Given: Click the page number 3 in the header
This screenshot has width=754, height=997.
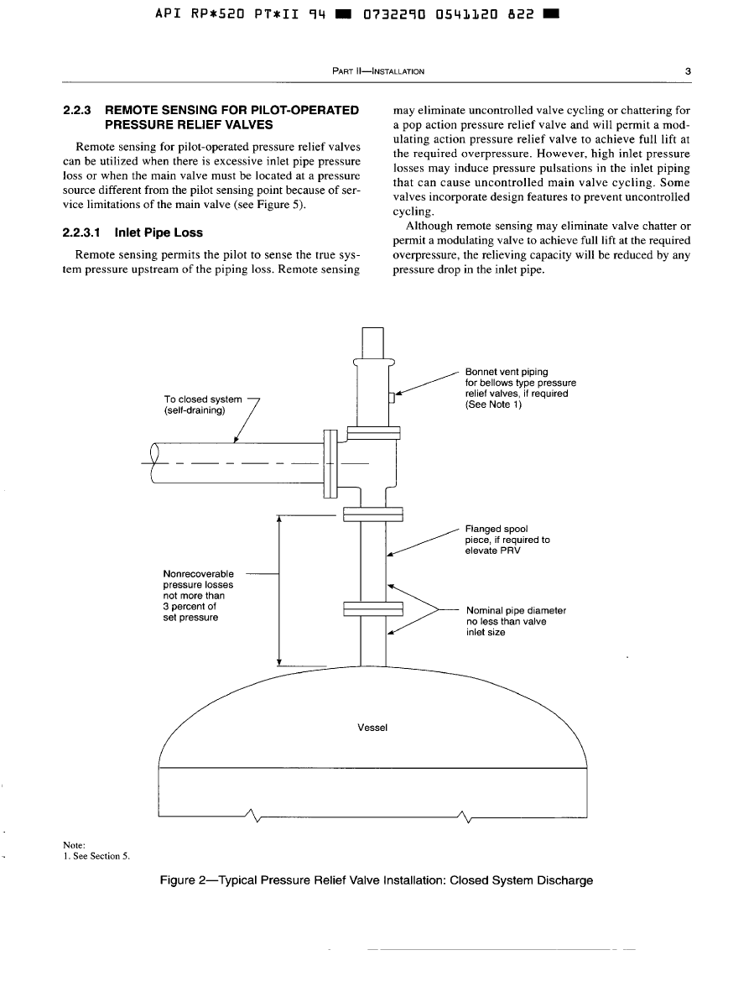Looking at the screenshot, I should coord(687,71).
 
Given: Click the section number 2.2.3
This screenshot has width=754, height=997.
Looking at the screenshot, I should coord(81,110).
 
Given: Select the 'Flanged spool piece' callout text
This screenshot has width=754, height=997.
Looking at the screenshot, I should coord(507,540).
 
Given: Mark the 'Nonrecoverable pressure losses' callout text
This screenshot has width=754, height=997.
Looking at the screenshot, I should coord(198,595).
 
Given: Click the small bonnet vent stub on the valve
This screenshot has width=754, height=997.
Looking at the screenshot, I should coord(392,398).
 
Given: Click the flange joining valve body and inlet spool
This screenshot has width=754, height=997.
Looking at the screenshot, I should coord(373,514).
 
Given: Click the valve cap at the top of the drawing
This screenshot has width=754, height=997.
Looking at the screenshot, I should coord(373,342).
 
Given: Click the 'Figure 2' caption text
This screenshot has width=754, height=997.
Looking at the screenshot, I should coord(377,880).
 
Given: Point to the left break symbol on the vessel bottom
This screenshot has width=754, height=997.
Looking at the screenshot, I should coord(251,816).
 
